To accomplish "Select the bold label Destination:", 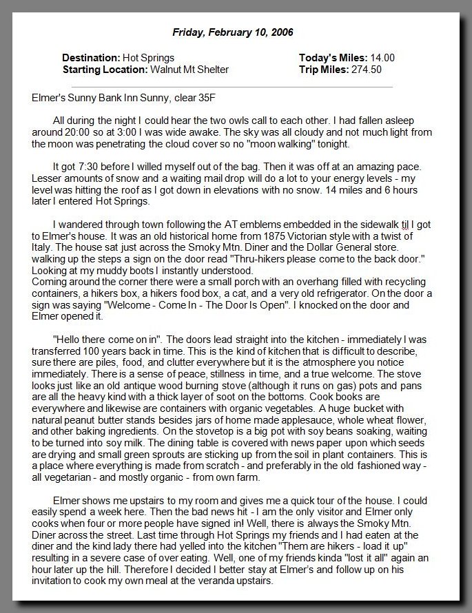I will click(x=90, y=58).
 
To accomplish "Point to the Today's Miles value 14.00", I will click(x=382, y=58).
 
